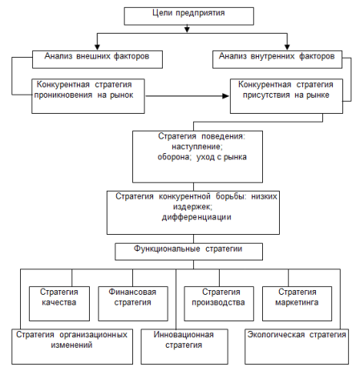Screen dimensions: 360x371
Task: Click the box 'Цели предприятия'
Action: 188,16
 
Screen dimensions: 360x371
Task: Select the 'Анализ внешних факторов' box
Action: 97,59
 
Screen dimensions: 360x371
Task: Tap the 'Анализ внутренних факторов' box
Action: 277,59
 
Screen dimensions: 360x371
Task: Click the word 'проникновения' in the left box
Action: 63,95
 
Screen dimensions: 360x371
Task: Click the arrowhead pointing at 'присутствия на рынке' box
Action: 226,96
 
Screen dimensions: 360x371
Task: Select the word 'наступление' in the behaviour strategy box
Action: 197,147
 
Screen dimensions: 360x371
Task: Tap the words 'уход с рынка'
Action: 221,157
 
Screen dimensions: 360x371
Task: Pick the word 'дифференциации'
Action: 196,217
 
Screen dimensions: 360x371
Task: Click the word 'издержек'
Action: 192,207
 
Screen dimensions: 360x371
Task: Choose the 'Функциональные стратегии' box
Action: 188,252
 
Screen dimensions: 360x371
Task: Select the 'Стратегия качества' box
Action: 59,304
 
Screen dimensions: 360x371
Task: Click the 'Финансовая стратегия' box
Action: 133,304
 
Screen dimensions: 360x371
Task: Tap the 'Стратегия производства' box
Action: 219,304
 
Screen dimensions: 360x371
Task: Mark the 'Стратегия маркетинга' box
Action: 297,304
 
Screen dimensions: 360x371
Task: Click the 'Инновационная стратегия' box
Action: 184,346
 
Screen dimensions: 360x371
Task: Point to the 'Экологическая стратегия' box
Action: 297,346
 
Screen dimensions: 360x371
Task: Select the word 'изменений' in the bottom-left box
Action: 71,345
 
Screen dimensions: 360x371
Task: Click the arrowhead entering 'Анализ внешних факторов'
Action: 97,47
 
